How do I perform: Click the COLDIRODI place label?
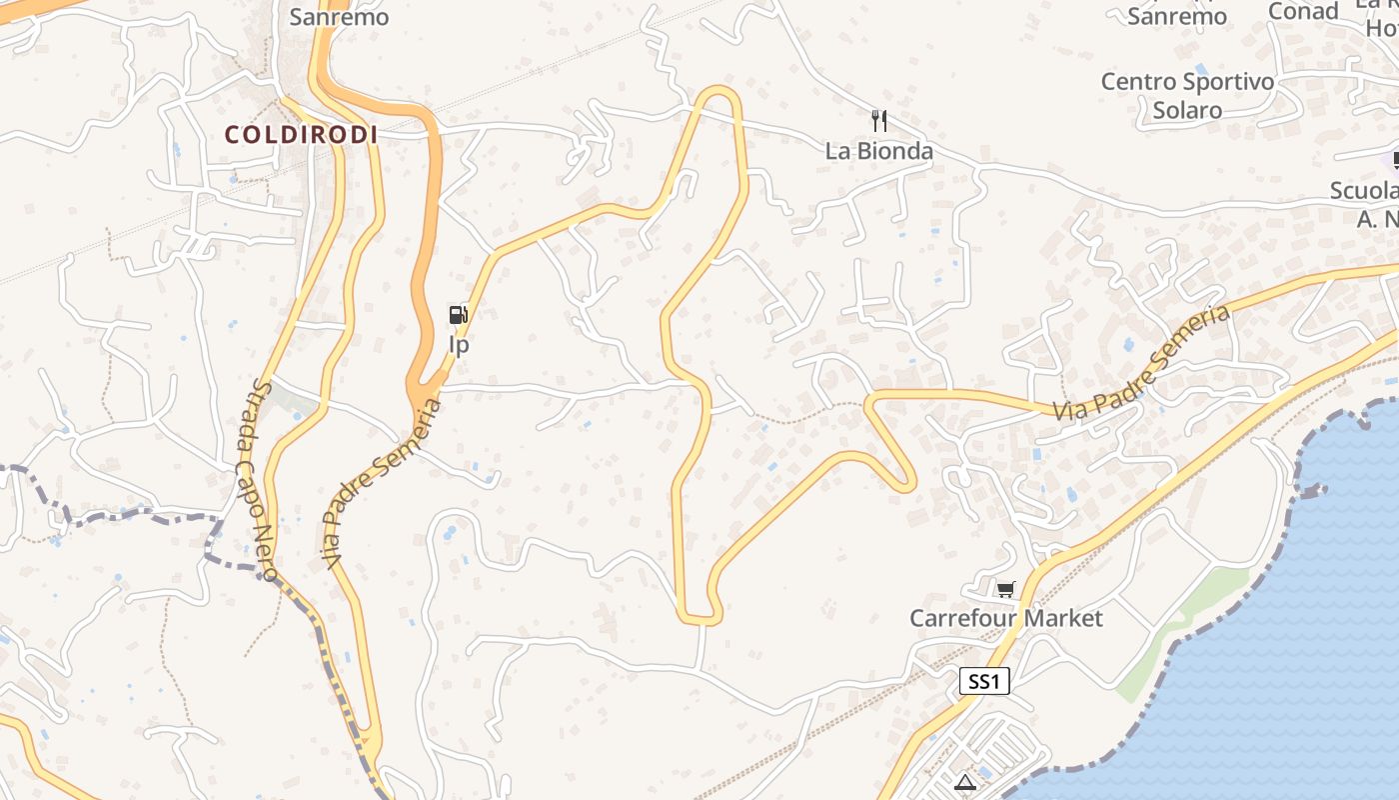point(301,134)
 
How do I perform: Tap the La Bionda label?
point(878,151)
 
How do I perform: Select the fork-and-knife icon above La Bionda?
point(879,121)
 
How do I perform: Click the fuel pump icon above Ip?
point(459,316)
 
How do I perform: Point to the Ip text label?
point(459,345)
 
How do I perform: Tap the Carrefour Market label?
point(1005,618)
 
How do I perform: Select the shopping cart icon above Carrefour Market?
point(1005,589)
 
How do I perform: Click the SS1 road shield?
point(984,682)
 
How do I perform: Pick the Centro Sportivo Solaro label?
point(1187,95)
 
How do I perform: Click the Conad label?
point(1303,11)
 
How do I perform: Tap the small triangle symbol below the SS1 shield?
point(964,782)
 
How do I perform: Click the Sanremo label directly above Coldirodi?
point(339,16)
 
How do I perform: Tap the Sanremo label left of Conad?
point(1177,16)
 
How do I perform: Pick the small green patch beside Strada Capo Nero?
point(296,403)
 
